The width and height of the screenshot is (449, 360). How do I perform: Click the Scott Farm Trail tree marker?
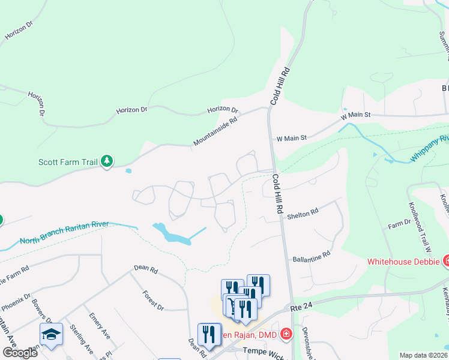pyautogui.click(x=107, y=161)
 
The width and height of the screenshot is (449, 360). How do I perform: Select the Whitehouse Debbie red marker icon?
pyautogui.click(x=446, y=260)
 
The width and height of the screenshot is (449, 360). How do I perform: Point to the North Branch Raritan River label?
pyautogui.click(x=64, y=232)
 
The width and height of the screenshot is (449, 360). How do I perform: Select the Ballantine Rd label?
pyautogui.click(x=312, y=256)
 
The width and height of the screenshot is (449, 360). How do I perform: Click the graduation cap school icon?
pyautogui.click(x=51, y=335)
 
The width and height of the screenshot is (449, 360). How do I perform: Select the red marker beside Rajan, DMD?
pyautogui.click(x=286, y=333)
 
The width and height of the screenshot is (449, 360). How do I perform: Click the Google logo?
pyautogui.click(x=20, y=353)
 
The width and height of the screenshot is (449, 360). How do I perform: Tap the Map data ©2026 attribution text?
pyautogui.click(x=423, y=355)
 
